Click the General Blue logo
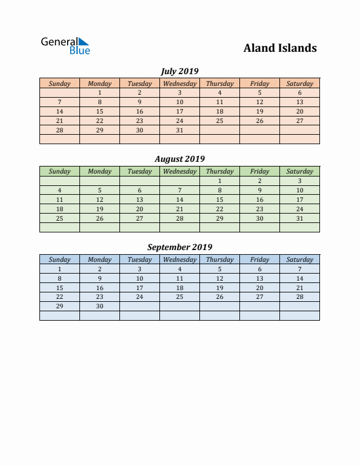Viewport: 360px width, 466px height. pyautogui.click(x=65, y=46)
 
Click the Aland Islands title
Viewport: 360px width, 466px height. pyautogui.click(x=280, y=48)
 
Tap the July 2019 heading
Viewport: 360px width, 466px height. pyautogui.click(x=179, y=71)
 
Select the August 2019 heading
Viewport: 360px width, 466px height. pyautogui.click(x=179, y=159)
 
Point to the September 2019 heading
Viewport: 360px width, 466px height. pyautogui.click(x=179, y=247)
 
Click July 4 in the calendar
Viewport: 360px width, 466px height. pyautogui.click(x=219, y=92)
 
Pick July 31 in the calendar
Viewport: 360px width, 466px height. pyautogui.click(x=179, y=130)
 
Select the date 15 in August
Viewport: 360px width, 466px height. pyautogui.click(x=219, y=199)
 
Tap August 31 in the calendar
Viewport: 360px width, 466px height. pyautogui.click(x=299, y=218)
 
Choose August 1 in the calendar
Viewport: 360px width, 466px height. pyautogui.click(x=219, y=181)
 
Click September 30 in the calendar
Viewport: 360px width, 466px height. pyautogui.click(x=99, y=307)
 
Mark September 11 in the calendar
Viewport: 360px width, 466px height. pyautogui.click(x=179, y=278)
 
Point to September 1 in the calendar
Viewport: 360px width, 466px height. pyautogui.click(x=59, y=269)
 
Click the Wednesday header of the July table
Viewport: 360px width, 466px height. pyautogui.click(x=179, y=84)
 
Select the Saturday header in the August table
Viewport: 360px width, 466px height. pyautogui.click(x=299, y=171)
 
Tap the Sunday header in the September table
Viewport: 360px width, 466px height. pyautogui.click(x=59, y=259)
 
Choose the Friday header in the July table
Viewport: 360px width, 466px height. pyautogui.click(x=259, y=84)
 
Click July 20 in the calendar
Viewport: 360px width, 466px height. pyautogui.click(x=299, y=111)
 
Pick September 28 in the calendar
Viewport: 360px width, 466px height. pyautogui.click(x=299, y=297)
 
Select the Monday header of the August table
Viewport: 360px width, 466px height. pyautogui.click(x=99, y=171)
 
